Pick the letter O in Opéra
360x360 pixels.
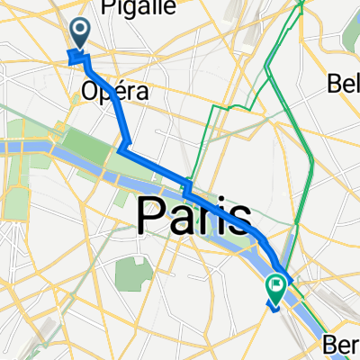[91, 92]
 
